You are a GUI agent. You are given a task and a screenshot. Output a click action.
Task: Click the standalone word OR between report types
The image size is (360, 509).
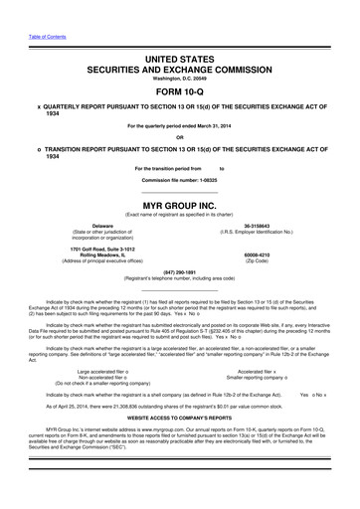click(179, 137)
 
